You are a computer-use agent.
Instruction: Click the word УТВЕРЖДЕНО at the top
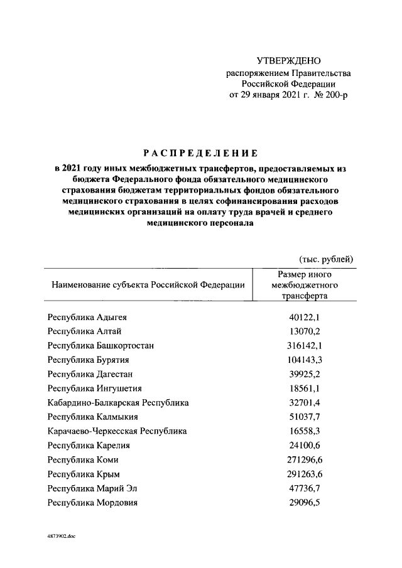point(289,61)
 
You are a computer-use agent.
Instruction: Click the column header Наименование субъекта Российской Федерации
point(148,285)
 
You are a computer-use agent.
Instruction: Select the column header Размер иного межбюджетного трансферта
point(305,286)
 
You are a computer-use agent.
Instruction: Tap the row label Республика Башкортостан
point(101,345)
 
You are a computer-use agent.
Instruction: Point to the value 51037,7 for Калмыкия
point(305,416)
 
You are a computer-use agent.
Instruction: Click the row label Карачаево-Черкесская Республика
point(117,431)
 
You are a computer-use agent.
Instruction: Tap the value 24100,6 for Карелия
point(305,446)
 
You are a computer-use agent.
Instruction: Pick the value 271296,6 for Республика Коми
point(305,460)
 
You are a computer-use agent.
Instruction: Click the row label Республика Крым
point(84,474)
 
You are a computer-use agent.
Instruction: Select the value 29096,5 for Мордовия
point(305,503)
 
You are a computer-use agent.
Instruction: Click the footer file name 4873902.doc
point(62,537)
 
